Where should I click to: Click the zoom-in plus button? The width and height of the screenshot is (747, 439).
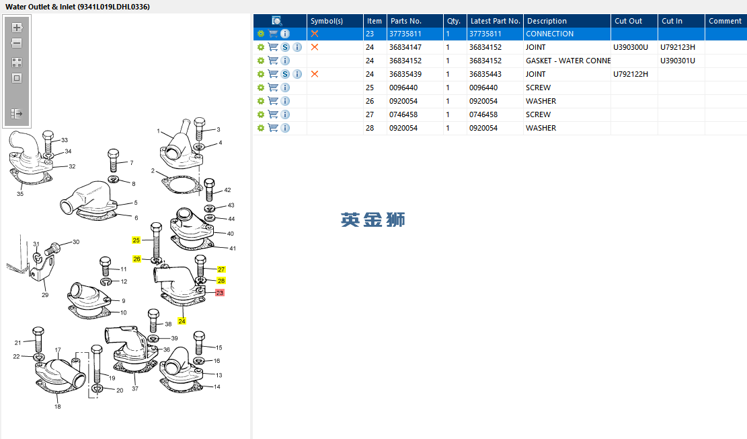17,28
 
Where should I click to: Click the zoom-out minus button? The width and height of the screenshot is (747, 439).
17,43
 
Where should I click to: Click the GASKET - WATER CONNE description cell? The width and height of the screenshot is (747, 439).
568,61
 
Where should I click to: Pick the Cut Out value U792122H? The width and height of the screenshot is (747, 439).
630,74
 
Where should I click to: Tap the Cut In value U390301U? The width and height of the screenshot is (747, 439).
678,61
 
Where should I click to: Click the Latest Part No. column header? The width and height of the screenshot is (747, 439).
495,21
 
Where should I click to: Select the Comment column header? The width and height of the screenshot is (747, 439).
725,21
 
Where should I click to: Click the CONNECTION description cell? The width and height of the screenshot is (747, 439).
549,34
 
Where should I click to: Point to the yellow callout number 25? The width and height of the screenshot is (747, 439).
136,240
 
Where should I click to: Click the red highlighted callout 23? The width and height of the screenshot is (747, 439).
220,292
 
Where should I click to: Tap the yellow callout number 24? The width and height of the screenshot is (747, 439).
182,321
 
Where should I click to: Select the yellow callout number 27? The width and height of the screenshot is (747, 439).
221,269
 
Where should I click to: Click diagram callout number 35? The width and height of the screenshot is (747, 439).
20,194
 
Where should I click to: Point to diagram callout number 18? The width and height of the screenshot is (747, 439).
58,407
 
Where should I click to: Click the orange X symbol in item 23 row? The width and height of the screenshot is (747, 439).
315,34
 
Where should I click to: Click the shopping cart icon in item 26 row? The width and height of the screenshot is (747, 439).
273,101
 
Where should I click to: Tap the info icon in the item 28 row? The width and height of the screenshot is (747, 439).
285,128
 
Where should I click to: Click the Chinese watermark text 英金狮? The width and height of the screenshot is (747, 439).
373,220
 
